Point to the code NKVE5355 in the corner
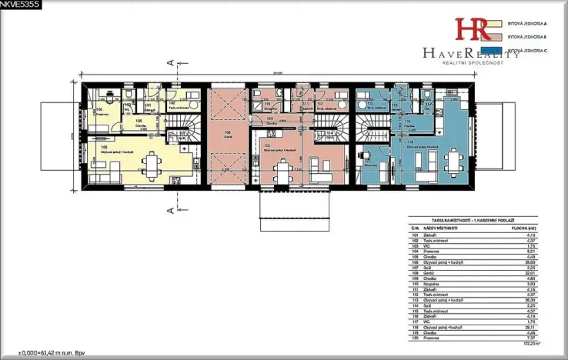[19, 5]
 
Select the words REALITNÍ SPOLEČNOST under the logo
[471, 63]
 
